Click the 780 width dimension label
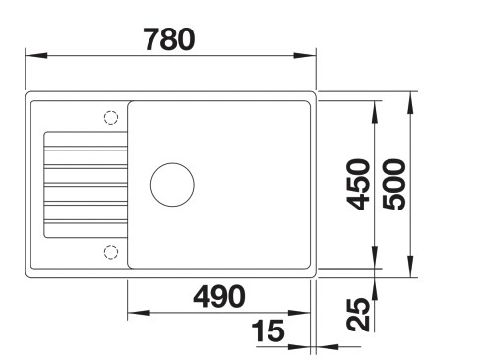[x=169, y=39]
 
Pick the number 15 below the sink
[x=267, y=332]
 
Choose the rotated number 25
[x=361, y=314]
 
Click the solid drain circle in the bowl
[x=172, y=184]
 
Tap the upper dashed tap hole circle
[x=110, y=117]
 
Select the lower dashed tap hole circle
[x=110, y=252]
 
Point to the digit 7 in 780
[x=149, y=39]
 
